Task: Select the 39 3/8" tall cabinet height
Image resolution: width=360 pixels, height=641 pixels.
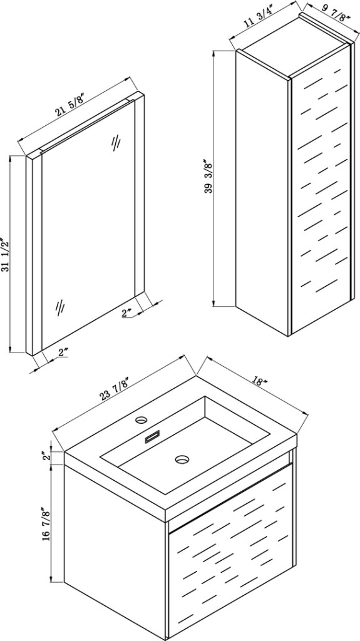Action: coord(208,177)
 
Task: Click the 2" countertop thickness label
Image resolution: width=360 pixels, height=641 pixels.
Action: coord(47,456)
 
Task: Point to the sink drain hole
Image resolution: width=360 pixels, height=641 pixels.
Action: coord(182,459)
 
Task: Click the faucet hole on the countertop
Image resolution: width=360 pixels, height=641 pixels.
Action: coord(142,419)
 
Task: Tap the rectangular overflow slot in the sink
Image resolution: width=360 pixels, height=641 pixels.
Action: coord(153,436)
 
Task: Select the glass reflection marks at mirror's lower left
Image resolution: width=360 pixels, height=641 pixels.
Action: coord(60,307)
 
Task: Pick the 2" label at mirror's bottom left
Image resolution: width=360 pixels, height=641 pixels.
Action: coord(63,353)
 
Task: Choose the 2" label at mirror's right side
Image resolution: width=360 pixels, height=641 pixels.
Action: coord(127,313)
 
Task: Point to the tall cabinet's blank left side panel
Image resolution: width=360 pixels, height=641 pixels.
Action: coord(262,192)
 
